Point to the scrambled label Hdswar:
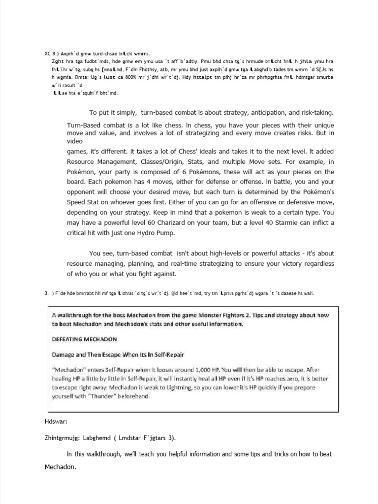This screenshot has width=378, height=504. pyautogui.click(x=55, y=421)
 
